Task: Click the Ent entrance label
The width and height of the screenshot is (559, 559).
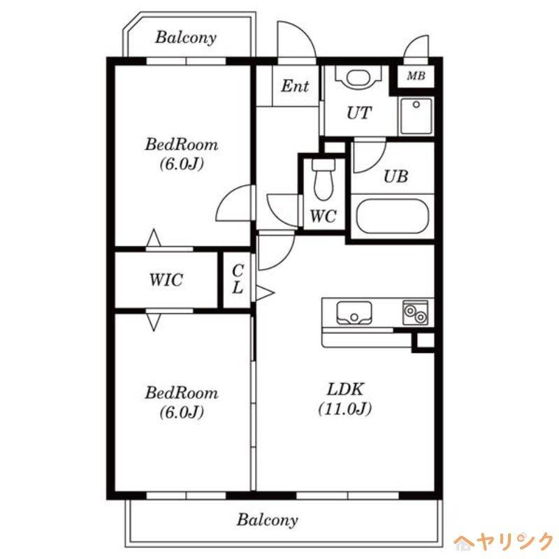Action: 295,86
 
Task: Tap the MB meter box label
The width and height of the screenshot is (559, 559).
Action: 416,75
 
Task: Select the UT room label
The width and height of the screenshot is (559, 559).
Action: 359,113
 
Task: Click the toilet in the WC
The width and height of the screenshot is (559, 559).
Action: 324,180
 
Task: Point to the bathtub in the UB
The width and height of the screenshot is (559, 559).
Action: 392,216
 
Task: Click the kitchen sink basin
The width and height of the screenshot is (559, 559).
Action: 354,312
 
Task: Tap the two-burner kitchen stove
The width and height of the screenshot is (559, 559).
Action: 415,312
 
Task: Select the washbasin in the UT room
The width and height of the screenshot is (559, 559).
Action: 358,77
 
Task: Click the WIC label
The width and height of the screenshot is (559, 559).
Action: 166,280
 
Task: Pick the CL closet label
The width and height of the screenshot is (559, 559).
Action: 238,279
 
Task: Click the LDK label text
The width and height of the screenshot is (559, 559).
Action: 345,389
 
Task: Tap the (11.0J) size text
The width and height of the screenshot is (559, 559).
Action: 345,409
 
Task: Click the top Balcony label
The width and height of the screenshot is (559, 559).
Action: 186,38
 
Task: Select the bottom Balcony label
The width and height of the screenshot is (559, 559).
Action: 268,520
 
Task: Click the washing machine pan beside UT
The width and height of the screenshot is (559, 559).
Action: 416,116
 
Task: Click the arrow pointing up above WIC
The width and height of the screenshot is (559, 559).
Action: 154,238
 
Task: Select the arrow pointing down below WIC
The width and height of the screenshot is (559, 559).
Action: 154,322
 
